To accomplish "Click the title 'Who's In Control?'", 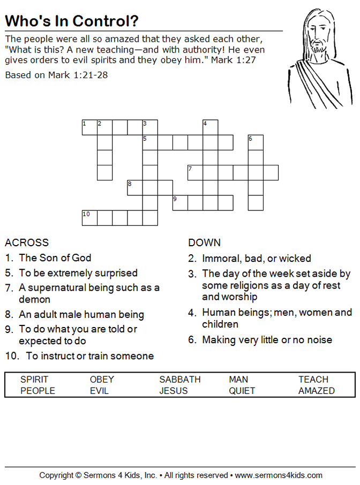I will pos(71,21).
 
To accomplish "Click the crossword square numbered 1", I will pos(89,127).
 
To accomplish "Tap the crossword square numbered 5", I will pos(150,142).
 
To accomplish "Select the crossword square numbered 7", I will pos(195,172).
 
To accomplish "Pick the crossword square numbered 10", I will pos(89,218).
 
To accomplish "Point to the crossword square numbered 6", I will pos(256,142).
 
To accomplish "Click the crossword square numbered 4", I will pos(210,127).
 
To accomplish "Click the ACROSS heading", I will pos(27,242).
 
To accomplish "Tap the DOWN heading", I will pos(204,242).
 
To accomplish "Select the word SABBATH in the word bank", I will pos(179,380).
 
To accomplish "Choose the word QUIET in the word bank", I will pos(242,391).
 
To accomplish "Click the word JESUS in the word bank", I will pos(173,391).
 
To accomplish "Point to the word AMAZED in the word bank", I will pos(316,391).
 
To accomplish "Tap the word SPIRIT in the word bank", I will pos(34,380).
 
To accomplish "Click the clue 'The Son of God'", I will pos(55,257).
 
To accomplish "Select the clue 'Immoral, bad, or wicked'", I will pos(256,259).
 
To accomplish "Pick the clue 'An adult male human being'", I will pos(81,314).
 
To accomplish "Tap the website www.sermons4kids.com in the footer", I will pos(279,475).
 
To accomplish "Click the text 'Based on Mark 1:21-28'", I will pos(56,75).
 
